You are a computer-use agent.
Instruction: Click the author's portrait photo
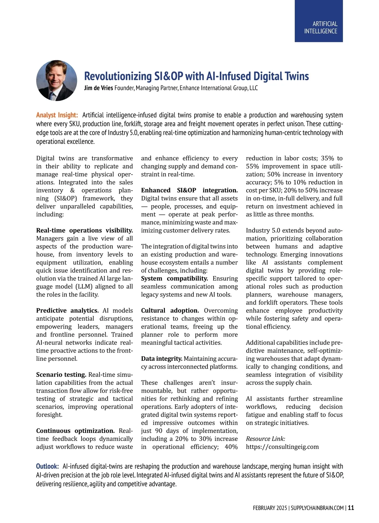(57, 80)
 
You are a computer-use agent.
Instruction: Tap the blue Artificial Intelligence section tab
(319, 21)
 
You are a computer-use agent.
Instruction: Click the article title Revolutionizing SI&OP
(196, 76)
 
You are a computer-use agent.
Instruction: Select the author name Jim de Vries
(98, 88)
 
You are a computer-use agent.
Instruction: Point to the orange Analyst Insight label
(57, 115)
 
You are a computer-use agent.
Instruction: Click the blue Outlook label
(47, 466)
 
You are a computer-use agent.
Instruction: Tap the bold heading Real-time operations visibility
(84, 230)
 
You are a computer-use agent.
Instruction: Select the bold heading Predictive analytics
(67, 311)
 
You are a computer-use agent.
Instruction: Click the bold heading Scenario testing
(61, 375)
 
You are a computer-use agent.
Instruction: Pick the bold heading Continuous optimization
(75, 431)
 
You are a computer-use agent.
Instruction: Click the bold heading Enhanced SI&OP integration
(189, 190)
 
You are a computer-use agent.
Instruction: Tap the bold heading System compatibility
(174, 278)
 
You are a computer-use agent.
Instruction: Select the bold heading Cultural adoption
(170, 311)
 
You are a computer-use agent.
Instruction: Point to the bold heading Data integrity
(161, 359)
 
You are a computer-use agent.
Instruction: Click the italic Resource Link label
(265, 439)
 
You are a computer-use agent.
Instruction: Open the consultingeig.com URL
(282, 447)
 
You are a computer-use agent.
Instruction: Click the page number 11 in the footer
(351, 508)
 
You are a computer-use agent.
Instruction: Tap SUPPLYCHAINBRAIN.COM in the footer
(317, 508)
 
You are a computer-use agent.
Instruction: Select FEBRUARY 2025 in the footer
(270, 508)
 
